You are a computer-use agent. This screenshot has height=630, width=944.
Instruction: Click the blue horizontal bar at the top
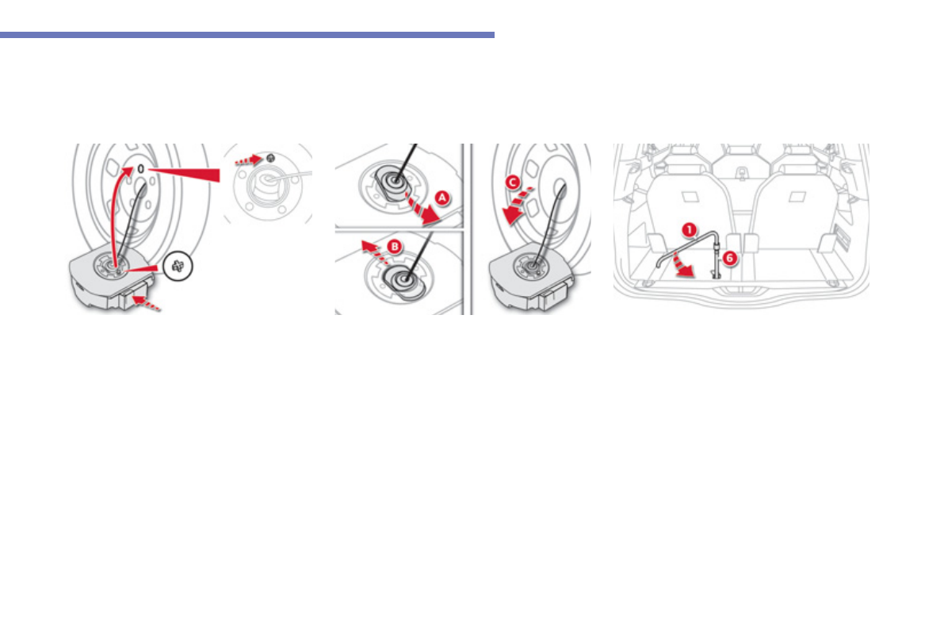[x=247, y=35]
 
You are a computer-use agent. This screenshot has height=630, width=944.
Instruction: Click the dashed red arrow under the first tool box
[x=150, y=302]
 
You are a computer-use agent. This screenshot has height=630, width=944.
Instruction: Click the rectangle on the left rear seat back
[x=683, y=195]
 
